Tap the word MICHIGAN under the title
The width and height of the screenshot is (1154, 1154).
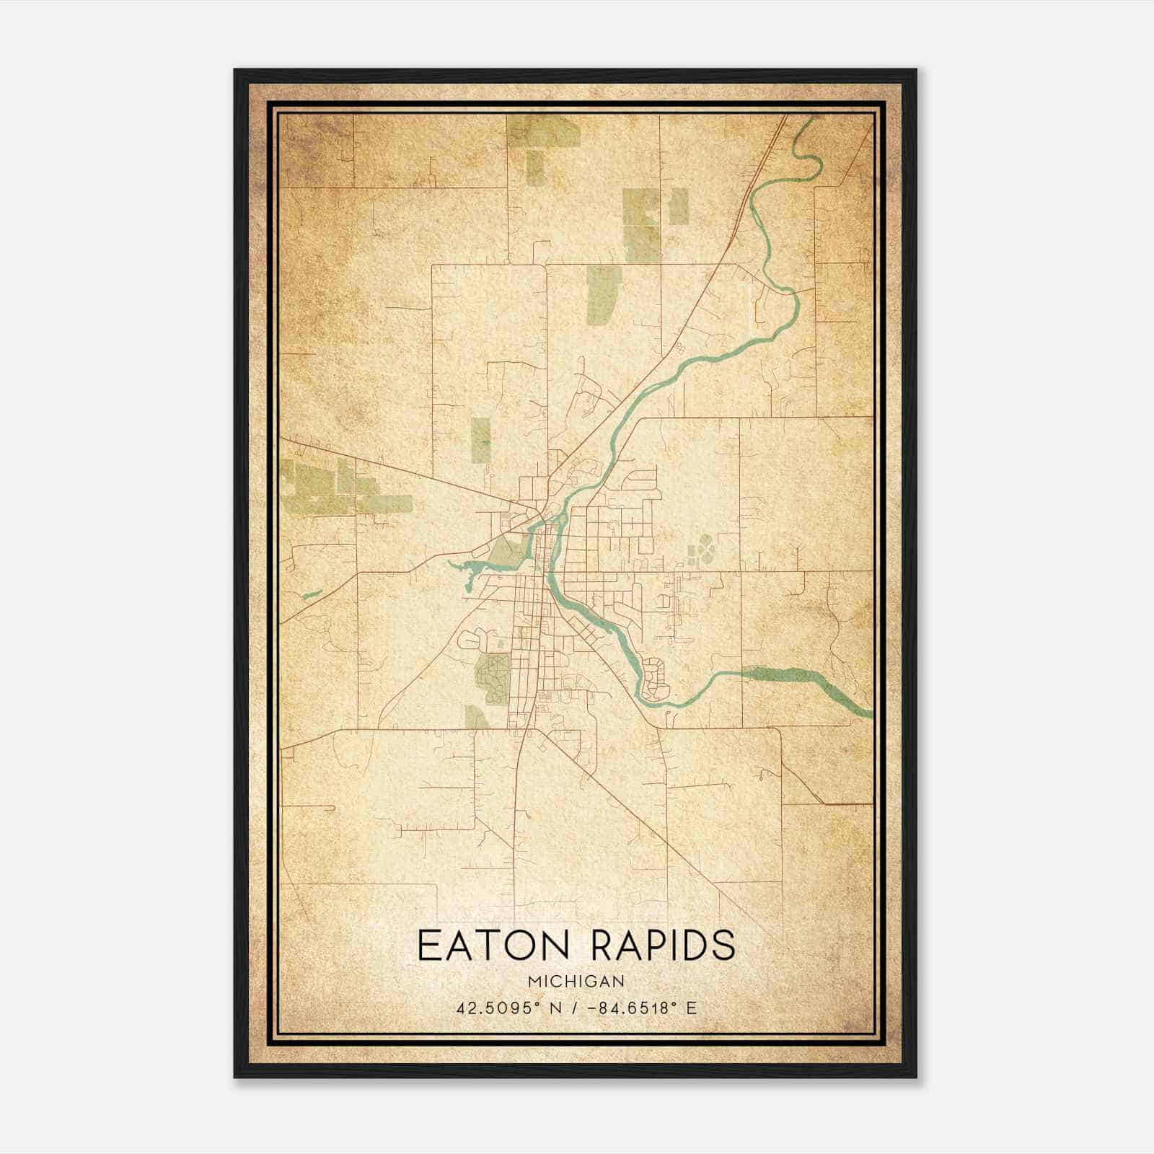[x=576, y=982]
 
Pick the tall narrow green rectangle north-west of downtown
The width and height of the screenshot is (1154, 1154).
[x=481, y=440]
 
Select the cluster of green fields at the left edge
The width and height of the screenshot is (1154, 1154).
[x=325, y=489]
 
